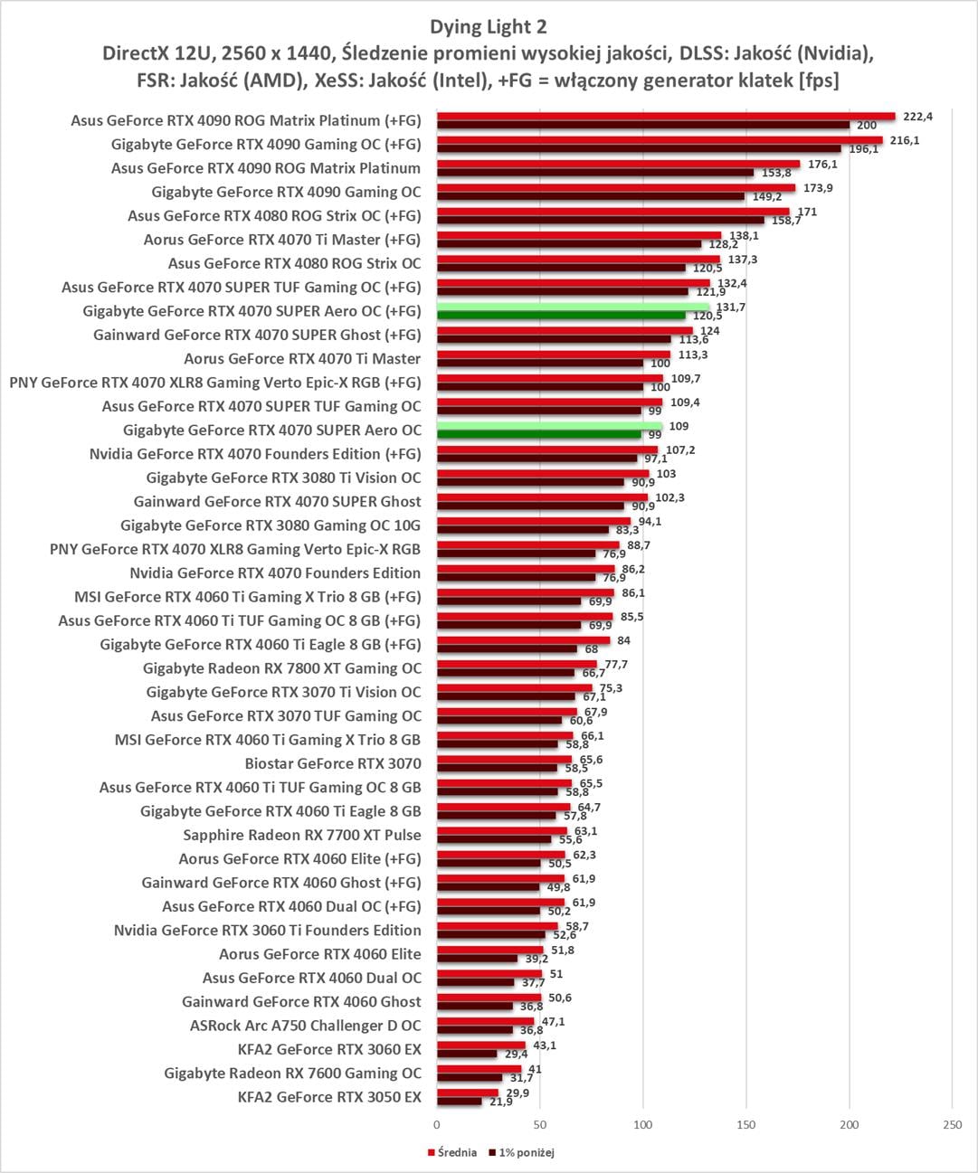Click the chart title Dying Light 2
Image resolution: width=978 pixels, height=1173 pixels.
point(489,27)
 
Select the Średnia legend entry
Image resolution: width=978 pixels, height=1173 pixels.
point(456,1152)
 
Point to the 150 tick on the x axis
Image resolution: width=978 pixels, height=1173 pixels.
point(746,1125)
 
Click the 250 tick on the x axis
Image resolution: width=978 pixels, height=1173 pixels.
point(952,1125)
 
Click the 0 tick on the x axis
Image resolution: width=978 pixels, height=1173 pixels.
point(437,1125)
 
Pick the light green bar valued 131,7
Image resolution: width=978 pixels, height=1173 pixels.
point(573,307)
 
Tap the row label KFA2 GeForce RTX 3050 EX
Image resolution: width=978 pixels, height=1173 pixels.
point(329,1097)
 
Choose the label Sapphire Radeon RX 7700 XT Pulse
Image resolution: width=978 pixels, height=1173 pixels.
point(302,835)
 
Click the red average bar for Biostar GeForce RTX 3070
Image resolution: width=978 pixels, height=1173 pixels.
point(504,760)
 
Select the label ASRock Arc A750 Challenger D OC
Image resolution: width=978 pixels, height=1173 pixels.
point(305,1026)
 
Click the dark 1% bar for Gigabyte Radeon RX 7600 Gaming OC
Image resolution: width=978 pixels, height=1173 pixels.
point(470,1078)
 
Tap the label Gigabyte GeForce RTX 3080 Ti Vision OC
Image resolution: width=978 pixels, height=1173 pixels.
point(283,478)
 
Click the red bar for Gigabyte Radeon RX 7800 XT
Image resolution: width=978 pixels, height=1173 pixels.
point(517,664)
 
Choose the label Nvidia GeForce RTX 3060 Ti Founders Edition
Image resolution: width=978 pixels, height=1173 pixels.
point(267,930)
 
